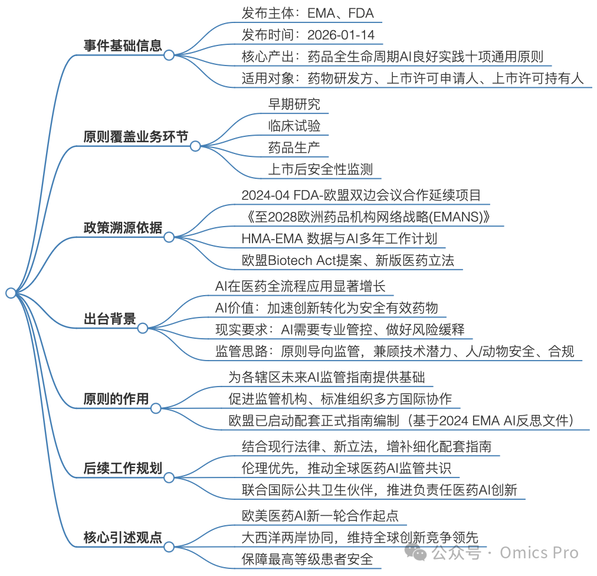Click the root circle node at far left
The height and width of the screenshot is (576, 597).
click(11, 293)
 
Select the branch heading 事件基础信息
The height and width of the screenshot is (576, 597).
click(123, 45)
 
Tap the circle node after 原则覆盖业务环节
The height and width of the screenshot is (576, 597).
click(195, 146)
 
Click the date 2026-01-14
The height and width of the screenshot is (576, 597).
click(341, 35)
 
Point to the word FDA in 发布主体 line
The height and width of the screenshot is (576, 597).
click(361, 14)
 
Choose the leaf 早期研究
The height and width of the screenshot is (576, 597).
click(294, 104)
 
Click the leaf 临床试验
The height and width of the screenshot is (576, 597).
click(294, 126)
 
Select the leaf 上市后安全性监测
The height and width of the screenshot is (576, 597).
click(320, 169)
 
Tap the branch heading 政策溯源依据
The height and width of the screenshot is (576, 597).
click(123, 228)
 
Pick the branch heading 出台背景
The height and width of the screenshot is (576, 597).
click(110, 319)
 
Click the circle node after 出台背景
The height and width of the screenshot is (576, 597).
click(143, 328)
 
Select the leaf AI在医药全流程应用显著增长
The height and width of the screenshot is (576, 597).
click(300, 286)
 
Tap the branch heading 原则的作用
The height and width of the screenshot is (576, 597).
click(116, 399)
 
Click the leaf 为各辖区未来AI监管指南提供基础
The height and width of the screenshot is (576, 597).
click(326, 377)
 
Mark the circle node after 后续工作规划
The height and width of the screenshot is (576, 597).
click(169, 477)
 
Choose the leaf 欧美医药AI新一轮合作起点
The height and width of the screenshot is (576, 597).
click(320, 516)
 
